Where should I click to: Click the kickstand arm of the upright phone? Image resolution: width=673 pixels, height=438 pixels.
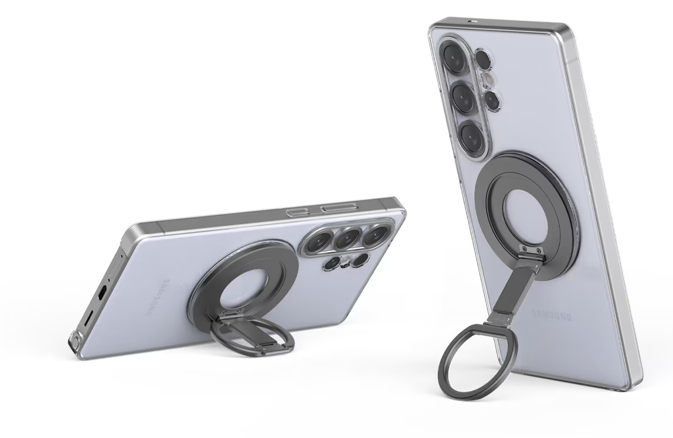coord(511,295)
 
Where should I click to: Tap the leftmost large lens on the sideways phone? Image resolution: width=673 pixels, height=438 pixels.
coord(319,242)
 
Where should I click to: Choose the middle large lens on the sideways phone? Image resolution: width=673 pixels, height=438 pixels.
coord(348,238)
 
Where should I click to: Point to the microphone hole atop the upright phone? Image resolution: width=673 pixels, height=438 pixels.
coord(472,21)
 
